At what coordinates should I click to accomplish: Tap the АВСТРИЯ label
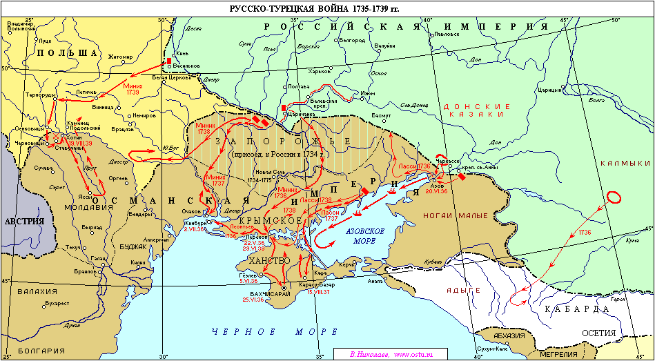[x=24, y=222]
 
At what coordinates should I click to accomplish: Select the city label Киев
[x=183, y=53]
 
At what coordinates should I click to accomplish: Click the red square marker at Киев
[x=168, y=61]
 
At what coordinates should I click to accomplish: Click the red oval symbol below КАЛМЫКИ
[x=612, y=196]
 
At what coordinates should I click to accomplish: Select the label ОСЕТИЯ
[x=598, y=333]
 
